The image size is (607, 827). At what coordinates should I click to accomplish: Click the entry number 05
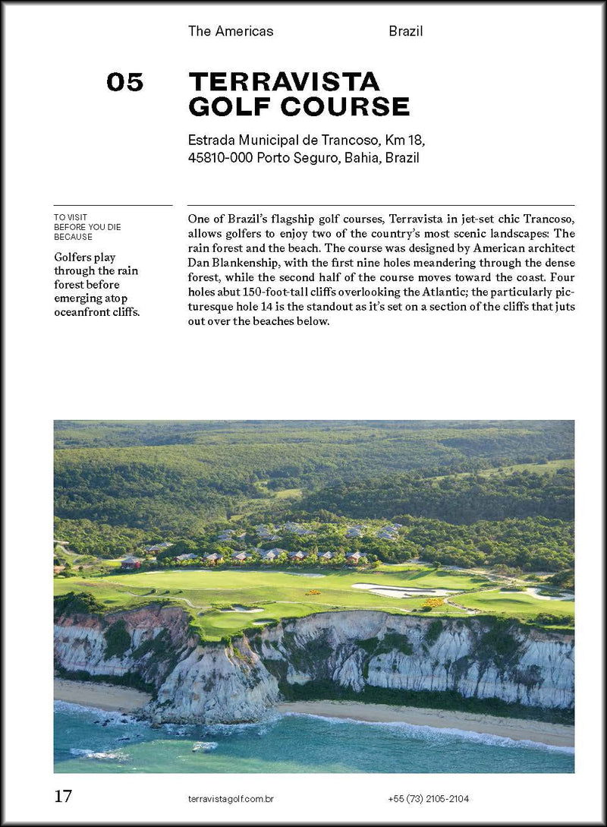tap(124, 82)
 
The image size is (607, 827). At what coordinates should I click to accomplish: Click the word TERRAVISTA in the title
tap(284, 81)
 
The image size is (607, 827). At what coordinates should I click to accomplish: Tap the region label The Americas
tap(231, 31)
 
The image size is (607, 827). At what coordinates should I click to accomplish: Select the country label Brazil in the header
tap(405, 31)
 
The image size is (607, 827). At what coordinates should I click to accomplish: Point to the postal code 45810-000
tap(220, 158)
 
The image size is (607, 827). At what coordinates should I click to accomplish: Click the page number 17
tap(63, 797)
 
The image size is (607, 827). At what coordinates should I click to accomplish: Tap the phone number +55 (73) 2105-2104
tap(428, 798)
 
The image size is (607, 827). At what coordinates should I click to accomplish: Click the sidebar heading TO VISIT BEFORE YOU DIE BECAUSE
tap(87, 226)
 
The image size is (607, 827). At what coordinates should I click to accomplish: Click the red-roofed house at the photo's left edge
tap(131, 563)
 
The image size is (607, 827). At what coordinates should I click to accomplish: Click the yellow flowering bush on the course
tap(434, 602)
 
